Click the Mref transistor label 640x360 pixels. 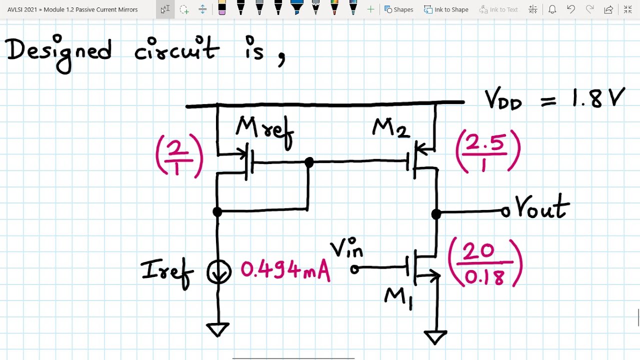[x=264, y=129]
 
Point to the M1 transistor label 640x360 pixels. [x=398, y=298]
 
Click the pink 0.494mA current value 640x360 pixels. [x=285, y=270]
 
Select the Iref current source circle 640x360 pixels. [x=219, y=272]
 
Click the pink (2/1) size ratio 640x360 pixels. [x=179, y=156]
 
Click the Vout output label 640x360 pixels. [x=542, y=207]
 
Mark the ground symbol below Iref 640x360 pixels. [x=218, y=329]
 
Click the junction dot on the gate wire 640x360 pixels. [x=309, y=162]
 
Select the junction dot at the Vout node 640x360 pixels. [x=436, y=214]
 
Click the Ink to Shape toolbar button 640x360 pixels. [x=446, y=9]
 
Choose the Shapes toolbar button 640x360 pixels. [x=398, y=9]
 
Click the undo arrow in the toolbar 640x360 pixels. [x=571, y=9]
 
